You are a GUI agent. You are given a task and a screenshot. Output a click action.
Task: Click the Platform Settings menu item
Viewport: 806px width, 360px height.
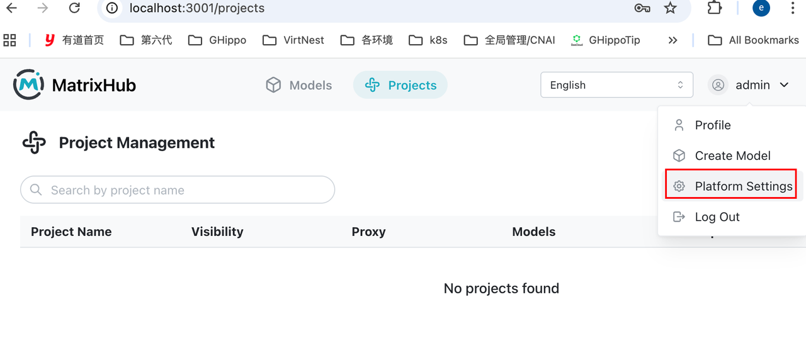coord(732,186)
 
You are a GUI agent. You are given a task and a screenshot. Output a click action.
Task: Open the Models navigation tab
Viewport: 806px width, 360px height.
coord(299,85)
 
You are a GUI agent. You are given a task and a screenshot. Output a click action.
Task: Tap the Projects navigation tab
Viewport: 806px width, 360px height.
coord(400,85)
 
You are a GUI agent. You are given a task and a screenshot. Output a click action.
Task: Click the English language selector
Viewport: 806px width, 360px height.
coord(616,85)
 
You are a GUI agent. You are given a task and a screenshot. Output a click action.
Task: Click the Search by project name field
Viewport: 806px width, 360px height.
coord(178,190)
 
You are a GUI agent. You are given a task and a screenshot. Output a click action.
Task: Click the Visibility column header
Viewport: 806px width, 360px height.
coord(217,232)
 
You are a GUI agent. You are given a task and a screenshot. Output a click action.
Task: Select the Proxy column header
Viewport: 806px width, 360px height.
coord(368,232)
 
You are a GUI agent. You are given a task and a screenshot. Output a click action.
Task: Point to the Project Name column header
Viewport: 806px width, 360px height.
coord(71,232)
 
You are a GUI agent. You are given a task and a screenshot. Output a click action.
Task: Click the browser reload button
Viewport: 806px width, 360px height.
coord(74,8)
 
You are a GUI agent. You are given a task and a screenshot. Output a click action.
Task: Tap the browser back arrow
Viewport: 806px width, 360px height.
coord(12,8)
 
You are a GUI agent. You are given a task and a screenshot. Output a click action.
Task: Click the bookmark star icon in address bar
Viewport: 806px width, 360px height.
coord(670,8)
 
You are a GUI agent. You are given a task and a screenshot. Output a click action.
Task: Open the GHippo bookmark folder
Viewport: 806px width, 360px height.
coord(217,40)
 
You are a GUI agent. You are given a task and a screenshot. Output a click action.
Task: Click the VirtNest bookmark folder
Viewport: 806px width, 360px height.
coord(293,40)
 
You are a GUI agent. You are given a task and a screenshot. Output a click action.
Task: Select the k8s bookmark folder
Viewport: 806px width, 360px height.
coord(428,40)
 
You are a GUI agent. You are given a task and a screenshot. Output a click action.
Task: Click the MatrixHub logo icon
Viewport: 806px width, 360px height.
coord(29,84)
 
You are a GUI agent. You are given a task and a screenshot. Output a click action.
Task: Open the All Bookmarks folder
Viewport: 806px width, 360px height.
coord(753,40)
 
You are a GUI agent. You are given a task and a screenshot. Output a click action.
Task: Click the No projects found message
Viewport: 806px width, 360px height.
coord(501,288)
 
